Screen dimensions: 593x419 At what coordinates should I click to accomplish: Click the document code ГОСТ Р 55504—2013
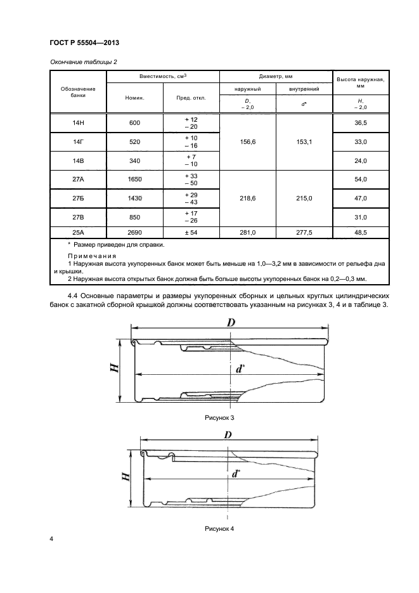[84, 42]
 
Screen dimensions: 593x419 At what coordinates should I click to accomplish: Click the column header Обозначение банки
[78, 92]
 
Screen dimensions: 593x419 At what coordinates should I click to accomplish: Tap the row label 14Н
[78, 124]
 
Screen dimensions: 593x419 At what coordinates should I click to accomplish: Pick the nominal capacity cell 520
[134, 142]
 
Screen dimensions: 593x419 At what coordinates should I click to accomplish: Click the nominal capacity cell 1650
[134, 179]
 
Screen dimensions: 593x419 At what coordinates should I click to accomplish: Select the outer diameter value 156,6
[248, 142]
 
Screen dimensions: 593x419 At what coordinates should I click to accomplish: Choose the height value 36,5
[361, 124]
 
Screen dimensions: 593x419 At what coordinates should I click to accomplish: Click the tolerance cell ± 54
[191, 233]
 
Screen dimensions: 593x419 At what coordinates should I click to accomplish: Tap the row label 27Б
[78, 199]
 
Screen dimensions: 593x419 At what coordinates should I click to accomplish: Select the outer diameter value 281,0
[248, 233]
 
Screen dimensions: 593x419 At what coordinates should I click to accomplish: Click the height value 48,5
[361, 233]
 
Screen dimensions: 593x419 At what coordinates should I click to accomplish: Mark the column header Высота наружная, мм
[361, 82]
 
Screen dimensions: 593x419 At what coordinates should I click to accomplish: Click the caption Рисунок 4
[219, 528]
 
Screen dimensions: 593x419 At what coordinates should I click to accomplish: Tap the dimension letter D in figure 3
[231, 323]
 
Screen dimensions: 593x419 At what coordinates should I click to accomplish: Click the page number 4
[52, 540]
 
